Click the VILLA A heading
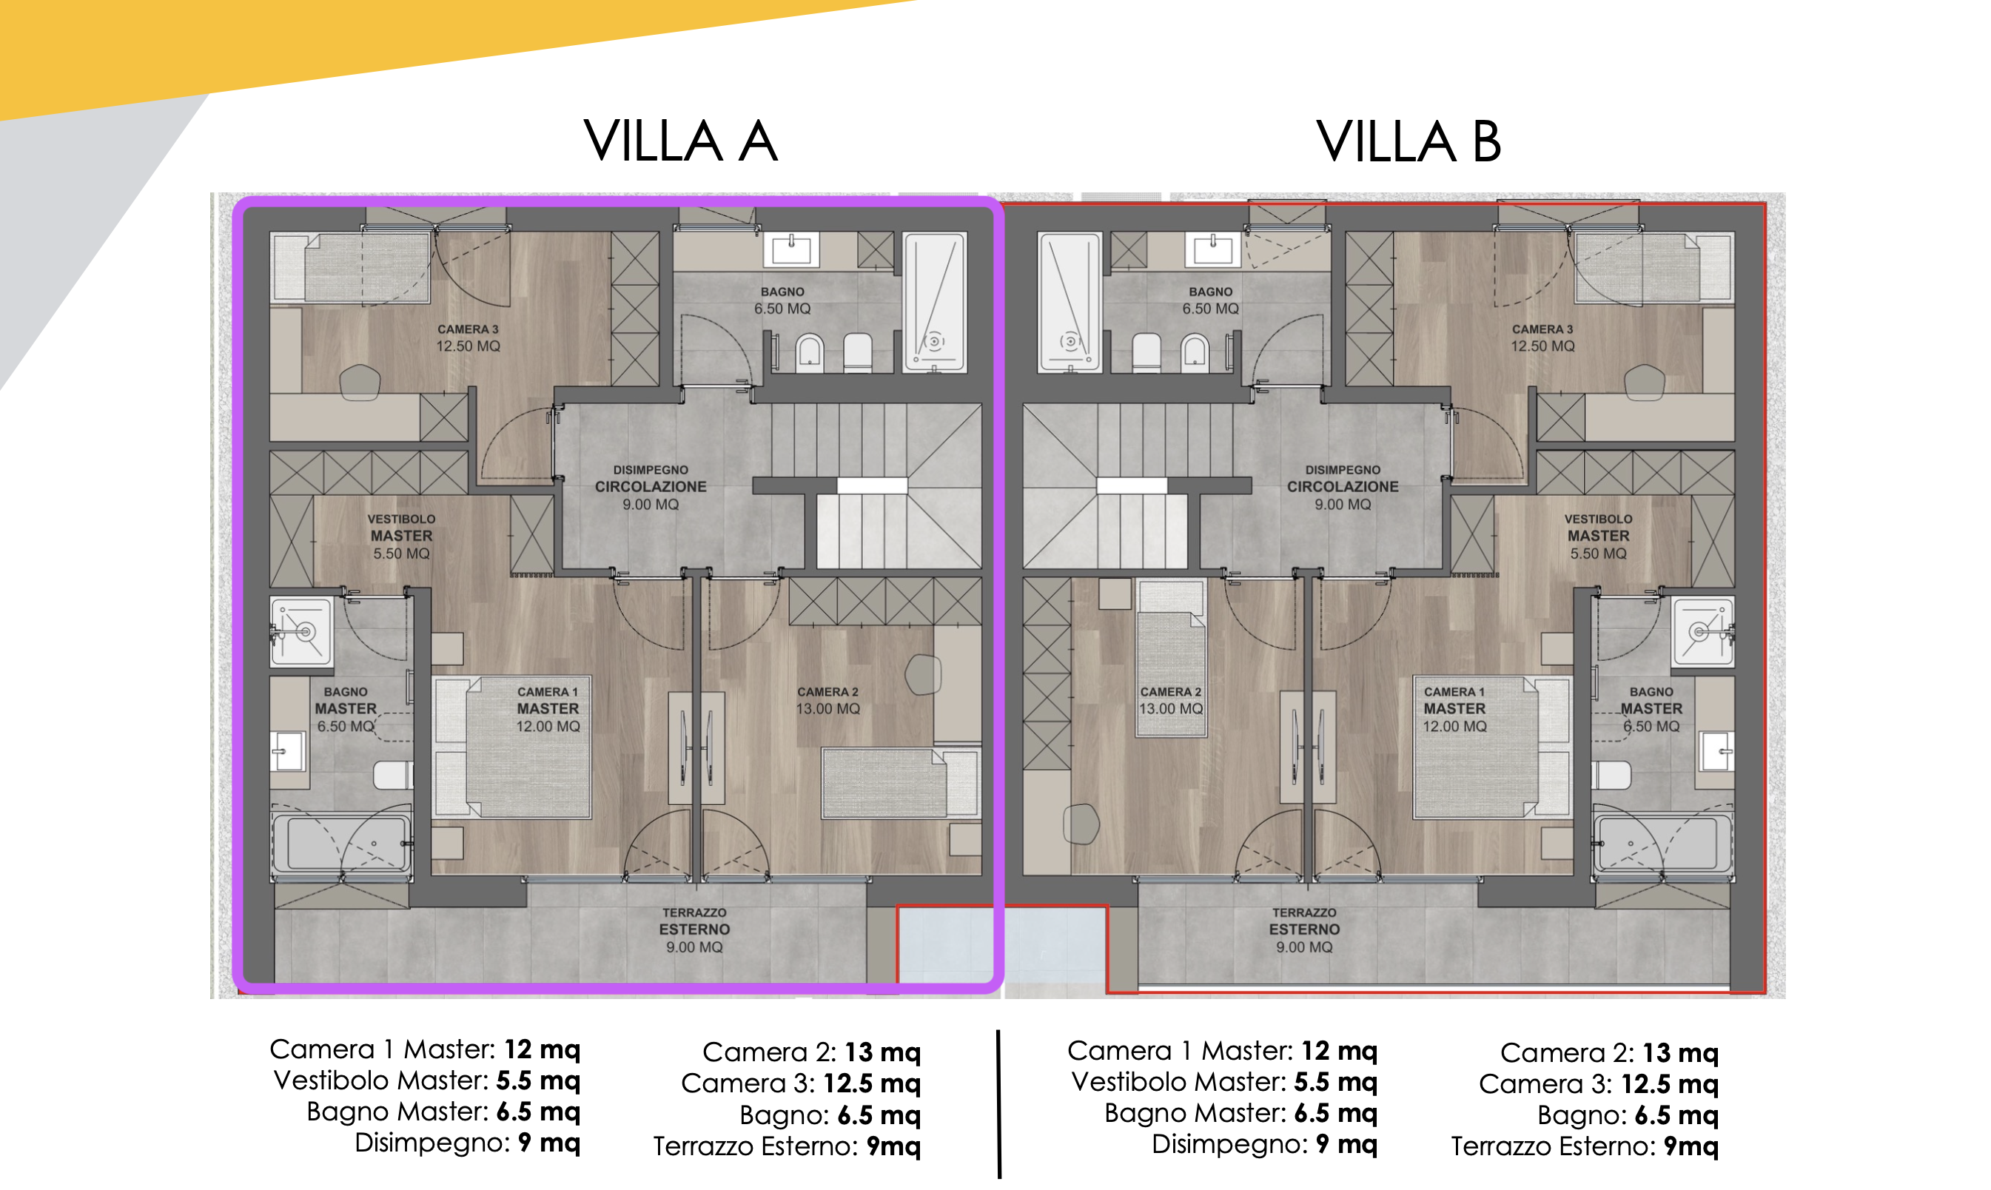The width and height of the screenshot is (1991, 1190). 681,141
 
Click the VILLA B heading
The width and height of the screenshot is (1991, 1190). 1408,141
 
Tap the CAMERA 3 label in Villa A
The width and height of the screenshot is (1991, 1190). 468,337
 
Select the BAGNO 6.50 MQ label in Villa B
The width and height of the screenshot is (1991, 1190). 1210,300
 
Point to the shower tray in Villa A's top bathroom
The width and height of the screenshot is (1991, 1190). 934,303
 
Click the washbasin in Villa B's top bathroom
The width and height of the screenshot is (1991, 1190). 1212,250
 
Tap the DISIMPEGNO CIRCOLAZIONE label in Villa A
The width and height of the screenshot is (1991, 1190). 651,487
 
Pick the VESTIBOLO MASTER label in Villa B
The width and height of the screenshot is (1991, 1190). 1598,536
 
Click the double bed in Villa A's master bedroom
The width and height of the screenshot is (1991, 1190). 511,747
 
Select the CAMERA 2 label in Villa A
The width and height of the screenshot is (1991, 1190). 827,700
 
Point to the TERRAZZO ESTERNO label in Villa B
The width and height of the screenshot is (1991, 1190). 1304,930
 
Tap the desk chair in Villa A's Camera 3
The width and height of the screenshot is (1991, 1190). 359,383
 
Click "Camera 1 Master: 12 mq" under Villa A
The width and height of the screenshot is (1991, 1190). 425,1049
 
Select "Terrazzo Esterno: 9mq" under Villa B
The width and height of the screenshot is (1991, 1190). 1585,1146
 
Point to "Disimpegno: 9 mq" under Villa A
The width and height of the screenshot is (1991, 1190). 468,1142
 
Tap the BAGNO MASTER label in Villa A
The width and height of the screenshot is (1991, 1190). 346,709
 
